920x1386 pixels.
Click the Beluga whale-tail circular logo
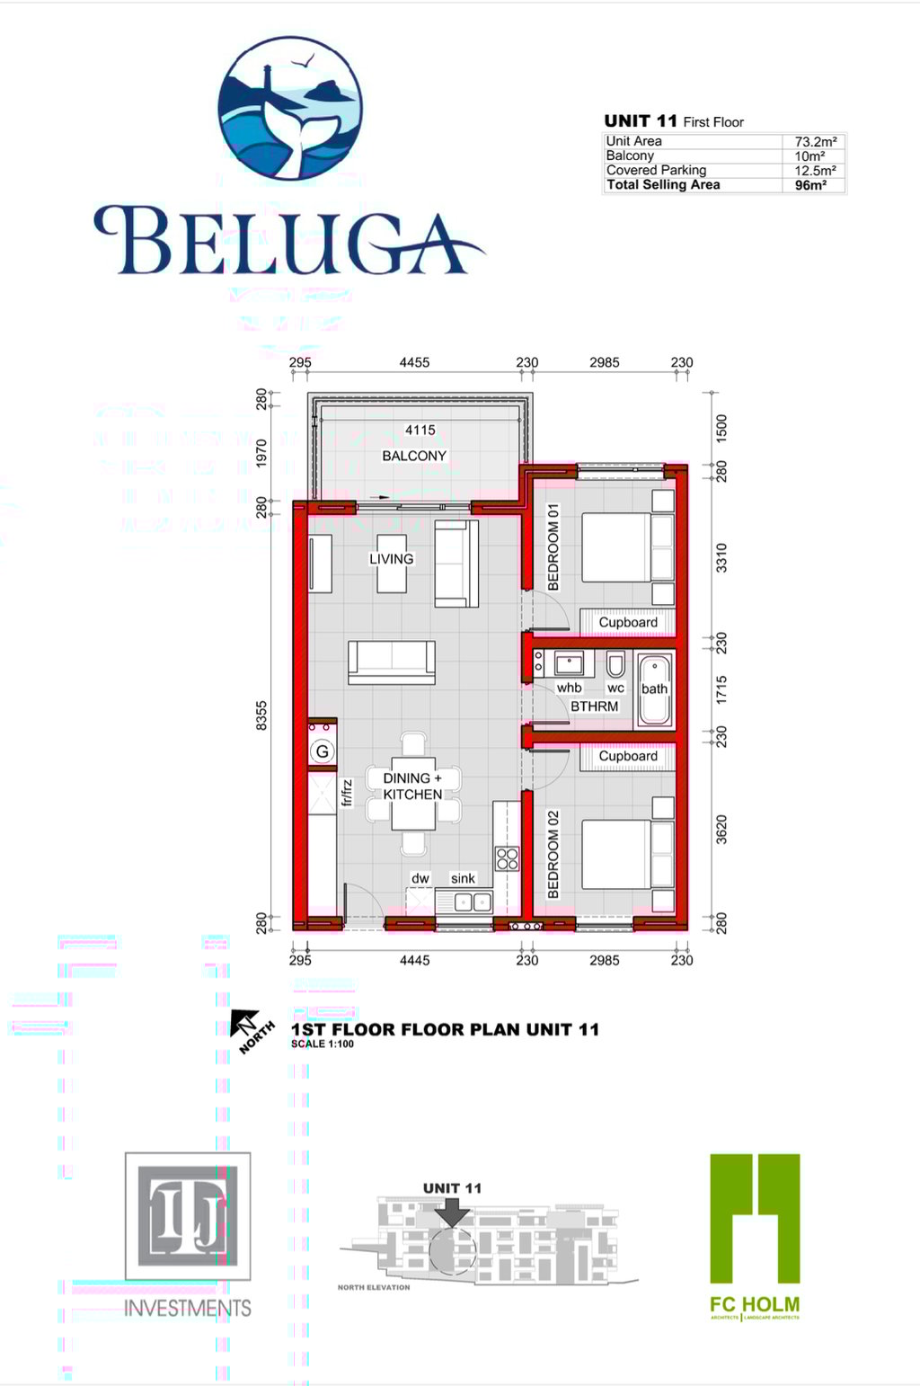(x=290, y=108)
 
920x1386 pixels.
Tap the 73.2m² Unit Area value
(x=815, y=141)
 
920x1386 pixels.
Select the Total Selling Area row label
(x=663, y=185)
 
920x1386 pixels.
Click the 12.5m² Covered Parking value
(x=815, y=171)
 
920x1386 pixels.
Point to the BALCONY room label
(x=414, y=456)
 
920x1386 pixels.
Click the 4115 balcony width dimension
(x=420, y=431)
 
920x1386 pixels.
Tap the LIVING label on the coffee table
(x=392, y=559)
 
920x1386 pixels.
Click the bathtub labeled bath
(x=654, y=689)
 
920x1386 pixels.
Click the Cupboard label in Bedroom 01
(x=628, y=622)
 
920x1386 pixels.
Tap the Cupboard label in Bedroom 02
(x=628, y=756)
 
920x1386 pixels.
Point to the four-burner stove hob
(x=507, y=857)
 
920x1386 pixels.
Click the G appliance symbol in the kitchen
(x=322, y=751)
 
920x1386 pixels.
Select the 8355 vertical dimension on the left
(x=261, y=716)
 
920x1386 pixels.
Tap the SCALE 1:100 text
(x=323, y=1044)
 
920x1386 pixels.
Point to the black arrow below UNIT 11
(x=452, y=1212)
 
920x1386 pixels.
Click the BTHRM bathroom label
(x=595, y=706)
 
